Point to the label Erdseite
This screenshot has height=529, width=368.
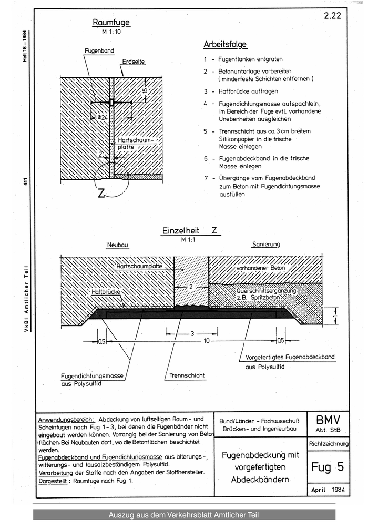tap(133, 62)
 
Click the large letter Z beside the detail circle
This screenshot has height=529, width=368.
tap(101, 193)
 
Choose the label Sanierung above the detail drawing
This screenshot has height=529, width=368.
tap(266, 245)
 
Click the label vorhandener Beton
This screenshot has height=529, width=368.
tap(260, 268)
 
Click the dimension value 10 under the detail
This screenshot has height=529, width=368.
tap(207, 341)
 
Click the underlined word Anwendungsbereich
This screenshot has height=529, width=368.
tap(66, 420)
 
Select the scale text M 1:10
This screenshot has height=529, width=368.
tap(111, 33)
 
